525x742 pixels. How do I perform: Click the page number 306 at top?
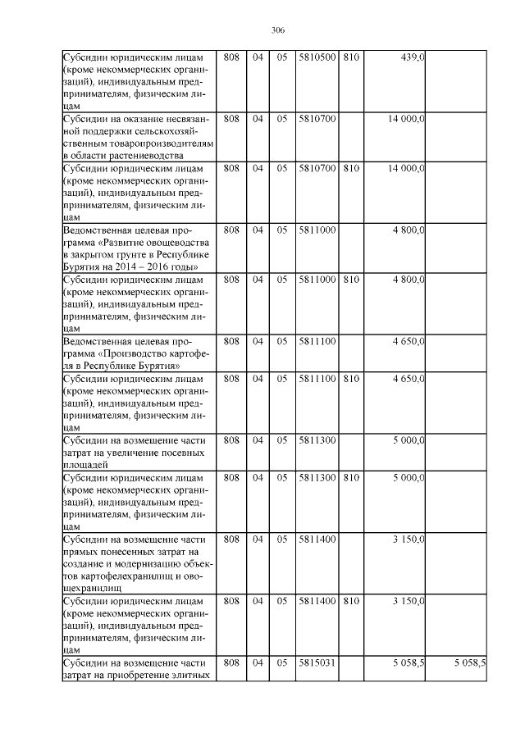pyautogui.click(x=277, y=30)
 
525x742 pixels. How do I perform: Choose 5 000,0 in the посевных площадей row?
pyautogui.click(x=408, y=440)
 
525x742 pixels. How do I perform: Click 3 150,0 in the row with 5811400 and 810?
pyautogui.click(x=408, y=601)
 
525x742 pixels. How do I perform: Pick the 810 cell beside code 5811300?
pyautogui.click(x=351, y=477)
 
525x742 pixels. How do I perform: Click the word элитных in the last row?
pyautogui.click(x=194, y=675)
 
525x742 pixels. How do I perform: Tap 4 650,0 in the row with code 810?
pyautogui.click(x=408, y=378)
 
